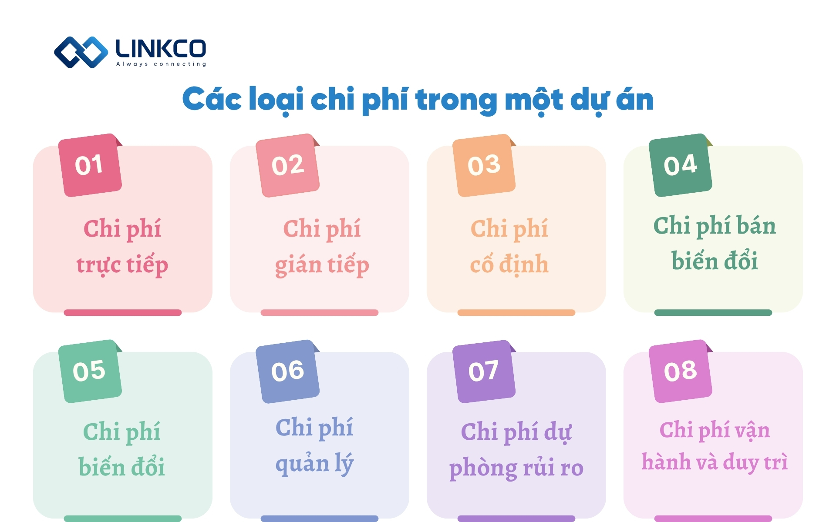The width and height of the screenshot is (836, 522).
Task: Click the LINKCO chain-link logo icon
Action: pos(81,52)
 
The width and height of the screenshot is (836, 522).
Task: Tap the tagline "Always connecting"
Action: pos(161,64)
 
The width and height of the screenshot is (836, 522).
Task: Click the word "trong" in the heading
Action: pos(456,100)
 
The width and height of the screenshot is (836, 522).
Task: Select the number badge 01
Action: pos(90,165)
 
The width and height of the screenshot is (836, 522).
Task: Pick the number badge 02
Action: pos(287,165)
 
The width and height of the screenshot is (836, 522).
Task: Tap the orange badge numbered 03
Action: pos(484,165)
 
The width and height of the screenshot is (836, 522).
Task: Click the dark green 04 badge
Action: pos(680,165)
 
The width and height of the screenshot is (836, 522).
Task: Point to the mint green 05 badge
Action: pos(90,371)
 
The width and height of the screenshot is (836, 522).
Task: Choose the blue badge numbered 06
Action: pos(287,371)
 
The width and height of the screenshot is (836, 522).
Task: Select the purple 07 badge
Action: pos(484,371)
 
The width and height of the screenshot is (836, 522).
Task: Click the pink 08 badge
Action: pos(680,371)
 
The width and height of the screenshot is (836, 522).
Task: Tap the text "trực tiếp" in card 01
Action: pos(122,265)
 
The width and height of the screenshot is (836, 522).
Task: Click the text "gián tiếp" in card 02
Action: pos(322,265)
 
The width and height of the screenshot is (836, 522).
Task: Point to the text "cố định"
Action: pos(509,264)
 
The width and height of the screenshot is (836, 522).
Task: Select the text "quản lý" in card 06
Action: pos(314,464)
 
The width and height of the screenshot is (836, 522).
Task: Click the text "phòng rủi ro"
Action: pos(516,468)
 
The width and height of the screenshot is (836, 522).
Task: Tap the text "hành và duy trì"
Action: pos(715,462)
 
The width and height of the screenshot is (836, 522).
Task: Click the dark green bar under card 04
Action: pos(713,312)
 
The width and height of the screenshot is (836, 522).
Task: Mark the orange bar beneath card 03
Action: pos(516,312)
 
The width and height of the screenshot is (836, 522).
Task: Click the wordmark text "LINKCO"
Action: pos(161,48)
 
